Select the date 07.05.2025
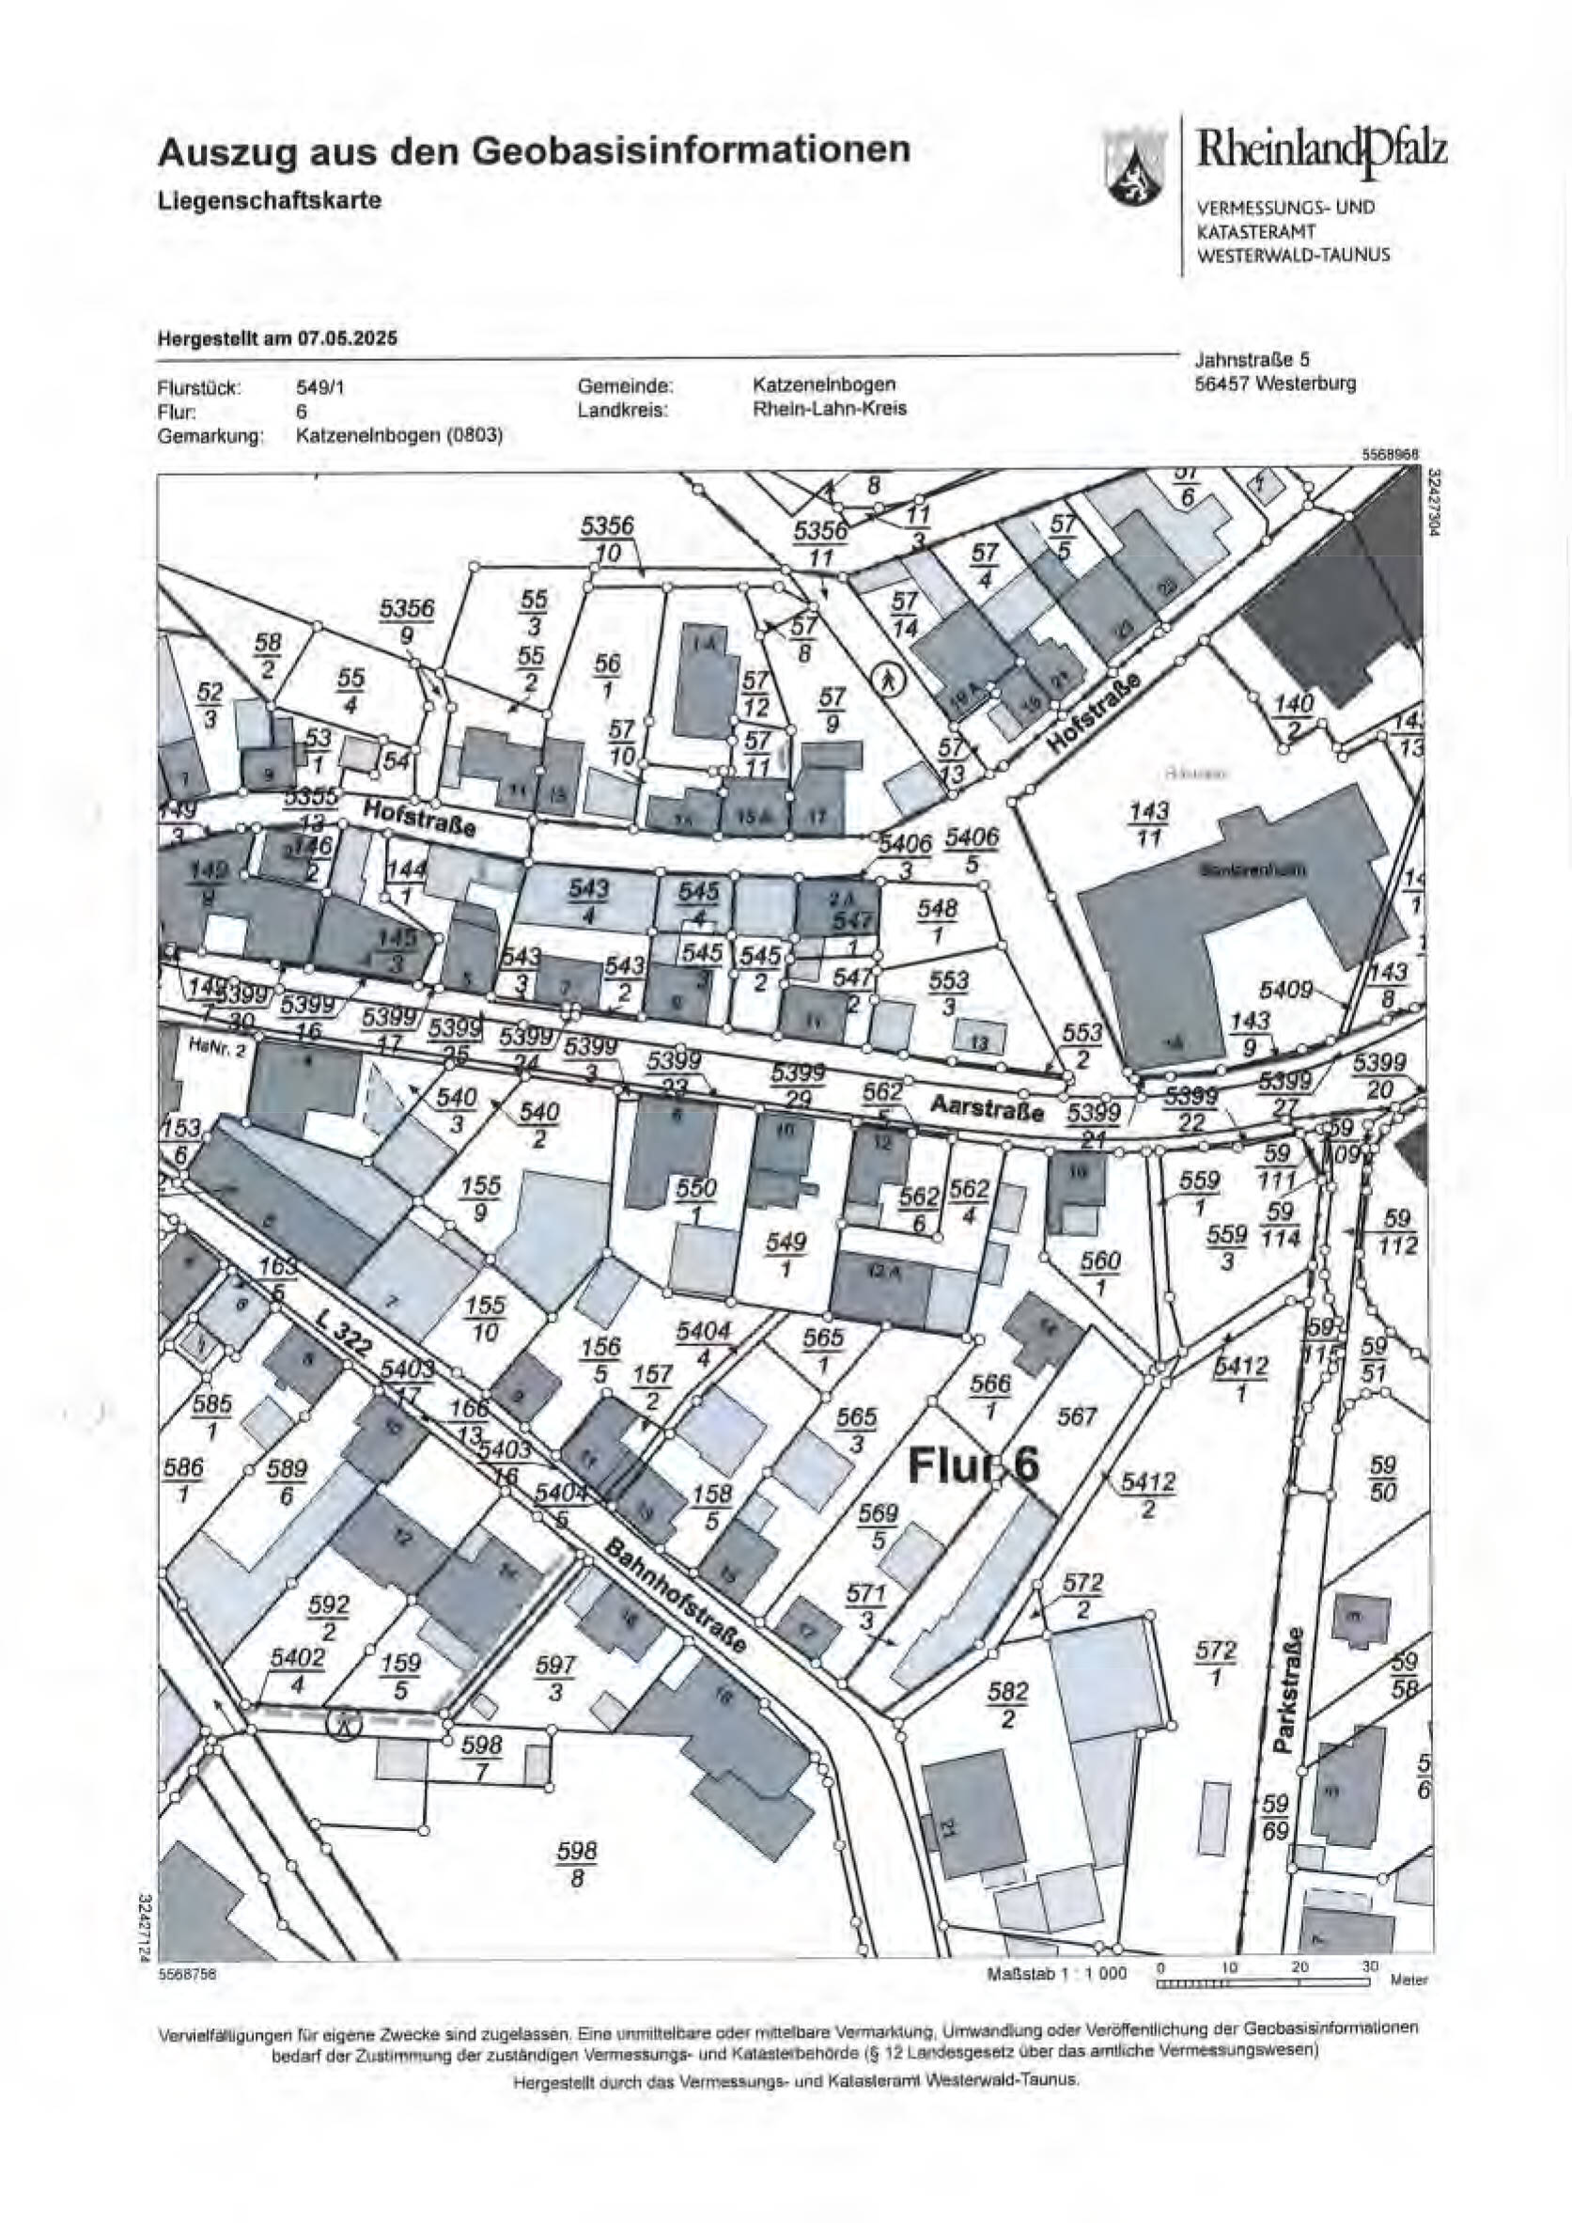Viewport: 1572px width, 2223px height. pos(348,339)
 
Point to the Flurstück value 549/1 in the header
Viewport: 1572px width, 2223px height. pos(319,388)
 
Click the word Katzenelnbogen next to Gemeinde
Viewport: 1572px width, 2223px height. pos(824,385)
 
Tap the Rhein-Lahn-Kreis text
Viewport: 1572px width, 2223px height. pos(830,409)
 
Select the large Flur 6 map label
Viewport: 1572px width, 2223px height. pos(973,1464)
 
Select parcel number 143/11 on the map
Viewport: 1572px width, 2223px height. pos(1148,824)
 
